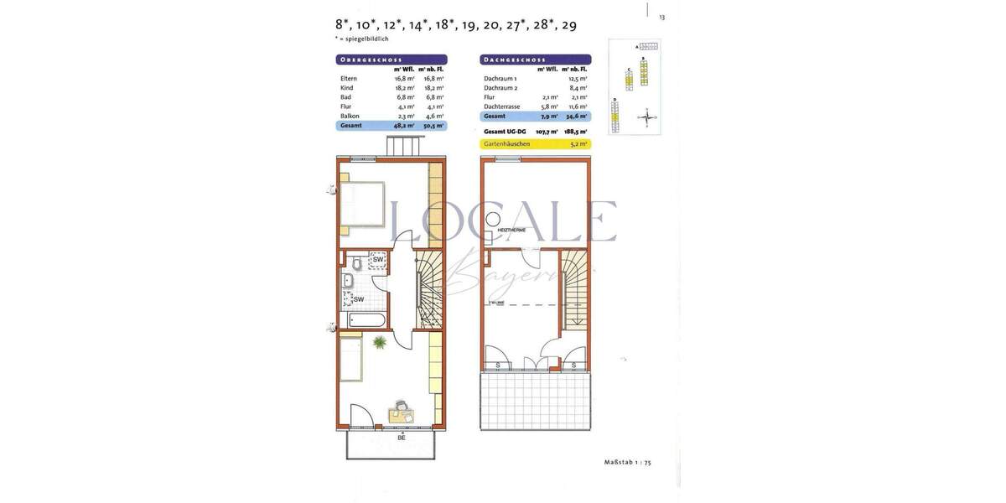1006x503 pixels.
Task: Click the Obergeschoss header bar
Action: click(391, 60)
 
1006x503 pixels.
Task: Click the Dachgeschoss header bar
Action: click(536, 60)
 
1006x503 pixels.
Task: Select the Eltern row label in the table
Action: click(349, 79)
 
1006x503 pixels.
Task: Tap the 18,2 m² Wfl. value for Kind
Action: click(405, 88)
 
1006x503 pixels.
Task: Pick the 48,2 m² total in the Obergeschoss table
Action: click(405, 125)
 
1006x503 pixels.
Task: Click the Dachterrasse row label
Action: click(501, 106)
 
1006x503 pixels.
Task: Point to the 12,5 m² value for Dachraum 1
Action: click(578, 79)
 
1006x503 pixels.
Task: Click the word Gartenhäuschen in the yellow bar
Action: click(507, 144)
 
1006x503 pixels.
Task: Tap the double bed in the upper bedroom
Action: click(361, 203)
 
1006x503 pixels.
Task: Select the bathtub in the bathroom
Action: click(366, 320)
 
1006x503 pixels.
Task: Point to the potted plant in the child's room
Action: click(380, 342)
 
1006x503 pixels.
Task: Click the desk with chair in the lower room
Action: click(402, 412)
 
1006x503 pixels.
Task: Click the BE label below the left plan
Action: click(402, 438)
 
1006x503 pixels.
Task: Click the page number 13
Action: click(662, 17)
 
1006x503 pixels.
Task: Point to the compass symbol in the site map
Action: click(647, 117)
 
